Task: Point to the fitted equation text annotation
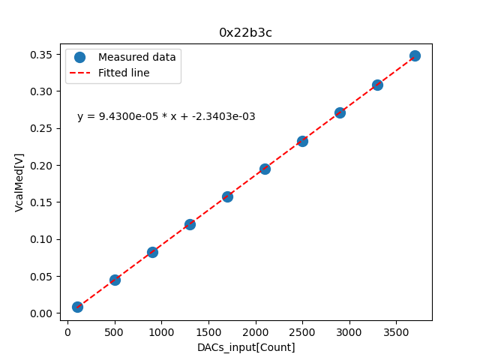coord(166,116)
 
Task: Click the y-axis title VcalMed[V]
coord(19,182)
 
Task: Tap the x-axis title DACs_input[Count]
coord(246,347)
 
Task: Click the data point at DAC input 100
coord(77,307)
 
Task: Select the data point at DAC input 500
coord(115,280)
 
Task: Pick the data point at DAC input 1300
coord(190,224)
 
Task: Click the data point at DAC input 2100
coord(265,169)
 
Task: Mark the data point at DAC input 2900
coord(340,112)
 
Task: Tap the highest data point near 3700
coord(415,55)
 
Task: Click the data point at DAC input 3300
coord(377,85)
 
